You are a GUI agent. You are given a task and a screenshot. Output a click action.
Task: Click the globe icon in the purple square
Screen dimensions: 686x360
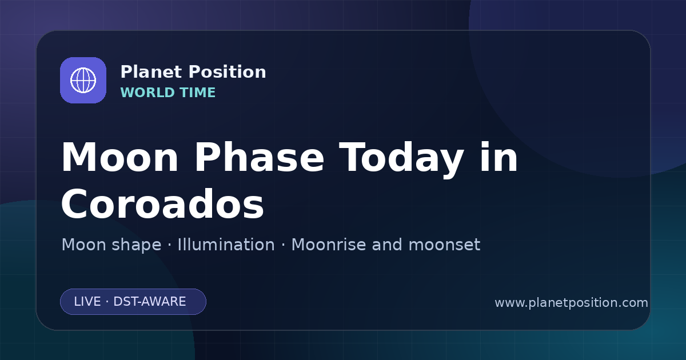pyautogui.click(x=83, y=80)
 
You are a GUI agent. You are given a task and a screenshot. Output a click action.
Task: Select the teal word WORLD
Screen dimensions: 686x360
pyautogui.click(x=147, y=93)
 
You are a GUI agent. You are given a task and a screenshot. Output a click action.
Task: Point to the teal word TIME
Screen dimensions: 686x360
pyautogui.click(x=198, y=93)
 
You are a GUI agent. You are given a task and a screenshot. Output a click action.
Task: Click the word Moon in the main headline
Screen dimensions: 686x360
pyautogui.click(x=119, y=157)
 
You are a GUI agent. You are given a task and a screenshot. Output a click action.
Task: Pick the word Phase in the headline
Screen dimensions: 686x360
pyautogui.click(x=259, y=157)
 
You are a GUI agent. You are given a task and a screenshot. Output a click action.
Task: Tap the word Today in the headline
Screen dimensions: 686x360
pyautogui.click(x=401, y=159)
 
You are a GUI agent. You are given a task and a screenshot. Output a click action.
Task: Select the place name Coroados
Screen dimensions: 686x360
pyautogui.click(x=162, y=203)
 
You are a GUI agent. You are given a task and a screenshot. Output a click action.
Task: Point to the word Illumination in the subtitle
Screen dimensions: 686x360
pyautogui.click(x=226, y=245)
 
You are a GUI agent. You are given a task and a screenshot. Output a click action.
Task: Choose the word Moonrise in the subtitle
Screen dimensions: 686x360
pyautogui.click(x=329, y=245)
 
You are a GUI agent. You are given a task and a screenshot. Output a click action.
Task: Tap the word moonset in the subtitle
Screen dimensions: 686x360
pyautogui.click(x=444, y=245)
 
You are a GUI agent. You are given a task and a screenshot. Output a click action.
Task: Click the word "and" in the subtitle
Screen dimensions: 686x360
pyautogui.click(x=387, y=245)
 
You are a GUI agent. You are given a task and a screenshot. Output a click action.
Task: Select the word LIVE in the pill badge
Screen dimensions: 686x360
pyautogui.click(x=87, y=302)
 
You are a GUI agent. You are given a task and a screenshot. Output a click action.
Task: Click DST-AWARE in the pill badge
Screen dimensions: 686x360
pyautogui.click(x=149, y=302)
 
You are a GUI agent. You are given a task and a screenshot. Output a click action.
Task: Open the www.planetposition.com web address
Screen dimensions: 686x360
pyautogui.click(x=571, y=303)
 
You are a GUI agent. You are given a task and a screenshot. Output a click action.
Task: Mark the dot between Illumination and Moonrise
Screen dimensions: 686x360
pyautogui.click(x=284, y=245)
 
